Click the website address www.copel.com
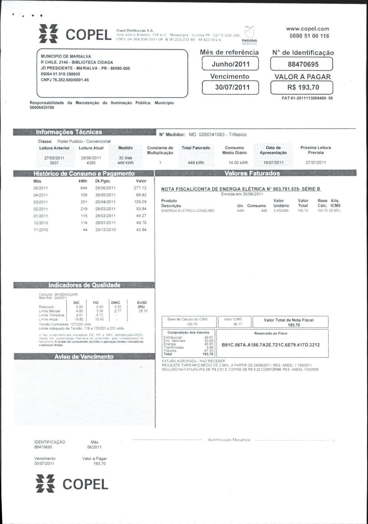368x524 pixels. (x=307, y=29)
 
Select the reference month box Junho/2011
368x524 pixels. (x=230, y=64)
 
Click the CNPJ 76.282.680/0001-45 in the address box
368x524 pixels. (x=65, y=80)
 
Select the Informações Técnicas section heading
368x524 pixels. (x=69, y=132)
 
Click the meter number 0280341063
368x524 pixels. (x=212, y=134)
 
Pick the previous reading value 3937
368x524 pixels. (x=54, y=163)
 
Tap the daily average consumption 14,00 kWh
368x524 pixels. (x=238, y=162)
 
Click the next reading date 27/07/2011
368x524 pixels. (x=316, y=162)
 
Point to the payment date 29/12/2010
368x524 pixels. (x=105, y=230)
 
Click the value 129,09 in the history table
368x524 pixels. (x=140, y=202)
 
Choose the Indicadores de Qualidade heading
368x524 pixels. (x=84, y=285)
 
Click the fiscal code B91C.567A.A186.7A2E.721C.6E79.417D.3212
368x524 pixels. (x=271, y=345)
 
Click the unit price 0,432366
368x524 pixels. (x=281, y=211)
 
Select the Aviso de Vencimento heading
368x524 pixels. (x=84, y=357)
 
